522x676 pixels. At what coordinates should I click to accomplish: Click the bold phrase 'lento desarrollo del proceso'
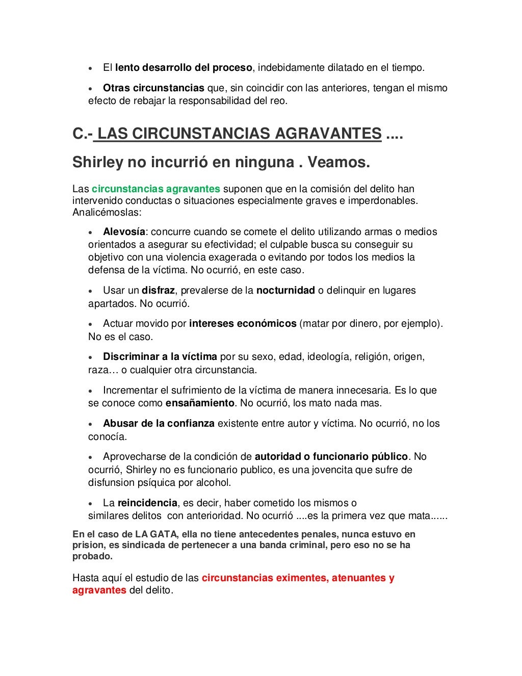(x=184, y=67)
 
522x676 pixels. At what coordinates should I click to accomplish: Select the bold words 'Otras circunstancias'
(x=153, y=88)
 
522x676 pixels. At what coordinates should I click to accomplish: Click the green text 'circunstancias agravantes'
(x=156, y=189)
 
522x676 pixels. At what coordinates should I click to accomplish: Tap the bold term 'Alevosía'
(x=124, y=231)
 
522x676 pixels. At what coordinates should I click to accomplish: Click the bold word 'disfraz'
(x=159, y=290)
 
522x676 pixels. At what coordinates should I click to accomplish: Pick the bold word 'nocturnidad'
(x=285, y=290)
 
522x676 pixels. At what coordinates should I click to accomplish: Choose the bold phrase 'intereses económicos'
(x=243, y=323)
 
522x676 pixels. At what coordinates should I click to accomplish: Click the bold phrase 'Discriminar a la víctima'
(x=160, y=356)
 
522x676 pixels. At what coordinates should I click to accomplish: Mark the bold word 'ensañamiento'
(x=200, y=403)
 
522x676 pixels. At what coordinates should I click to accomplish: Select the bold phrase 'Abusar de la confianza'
(x=159, y=423)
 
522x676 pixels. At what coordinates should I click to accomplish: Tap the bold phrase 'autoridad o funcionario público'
(x=331, y=456)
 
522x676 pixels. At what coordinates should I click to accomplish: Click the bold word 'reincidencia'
(x=147, y=503)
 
